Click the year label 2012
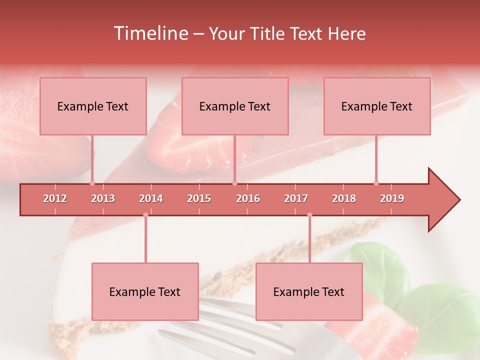(x=55, y=198)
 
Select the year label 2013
(x=103, y=198)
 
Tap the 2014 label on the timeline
(x=151, y=198)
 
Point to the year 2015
(x=199, y=198)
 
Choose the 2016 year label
(x=248, y=198)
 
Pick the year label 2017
(x=296, y=198)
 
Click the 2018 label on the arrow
(x=344, y=198)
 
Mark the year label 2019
(x=392, y=198)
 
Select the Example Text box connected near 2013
(x=93, y=106)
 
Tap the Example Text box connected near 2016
(x=235, y=106)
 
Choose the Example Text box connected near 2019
(x=377, y=106)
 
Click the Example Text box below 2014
(x=145, y=291)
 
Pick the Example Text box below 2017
(x=309, y=291)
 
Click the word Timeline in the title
(x=150, y=33)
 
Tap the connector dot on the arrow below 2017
(x=309, y=215)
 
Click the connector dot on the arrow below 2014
(x=145, y=215)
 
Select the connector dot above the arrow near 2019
(x=376, y=183)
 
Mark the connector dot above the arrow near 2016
(x=234, y=183)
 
